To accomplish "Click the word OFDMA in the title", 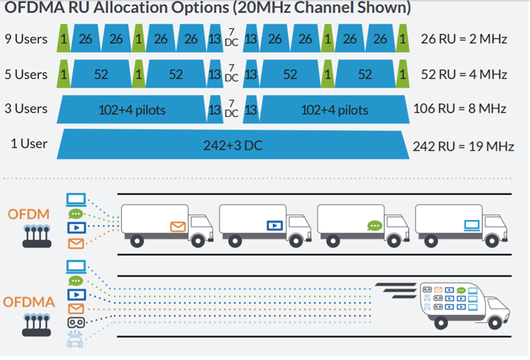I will (x=33, y=9).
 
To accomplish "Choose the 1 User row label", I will (x=29, y=144).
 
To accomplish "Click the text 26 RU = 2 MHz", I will (x=464, y=39).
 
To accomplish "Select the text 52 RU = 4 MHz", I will (x=464, y=74).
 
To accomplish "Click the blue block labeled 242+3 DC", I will (x=232, y=146).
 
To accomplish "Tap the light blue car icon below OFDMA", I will (x=76, y=339).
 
